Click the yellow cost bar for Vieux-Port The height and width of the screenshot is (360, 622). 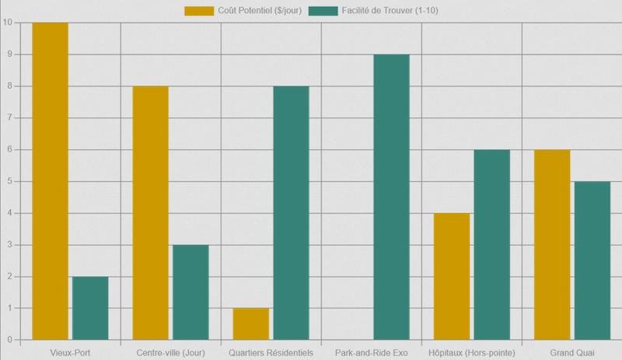point(50,181)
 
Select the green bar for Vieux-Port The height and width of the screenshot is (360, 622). point(90,308)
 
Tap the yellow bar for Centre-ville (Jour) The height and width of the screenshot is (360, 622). point(150,213)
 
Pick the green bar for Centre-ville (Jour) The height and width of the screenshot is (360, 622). point(190,292)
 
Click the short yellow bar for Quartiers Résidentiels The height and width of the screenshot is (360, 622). point(250,324)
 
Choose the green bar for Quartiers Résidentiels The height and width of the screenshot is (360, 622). point(291,213)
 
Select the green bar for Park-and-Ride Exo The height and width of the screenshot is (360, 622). point(391,197)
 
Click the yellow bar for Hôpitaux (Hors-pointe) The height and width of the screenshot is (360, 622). point(451,276)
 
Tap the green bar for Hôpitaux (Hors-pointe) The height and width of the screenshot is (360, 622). point(491,245)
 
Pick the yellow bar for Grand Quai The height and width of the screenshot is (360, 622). point(551,245)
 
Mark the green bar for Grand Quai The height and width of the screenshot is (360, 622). point(592,260)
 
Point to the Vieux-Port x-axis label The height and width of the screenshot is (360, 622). point(70,352)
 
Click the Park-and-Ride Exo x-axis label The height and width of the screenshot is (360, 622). point(371,352)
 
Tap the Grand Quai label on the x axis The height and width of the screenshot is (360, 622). point(571,352)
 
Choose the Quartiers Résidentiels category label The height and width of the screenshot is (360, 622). point(271,352)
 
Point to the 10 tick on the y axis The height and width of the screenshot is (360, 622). point(7,23)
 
